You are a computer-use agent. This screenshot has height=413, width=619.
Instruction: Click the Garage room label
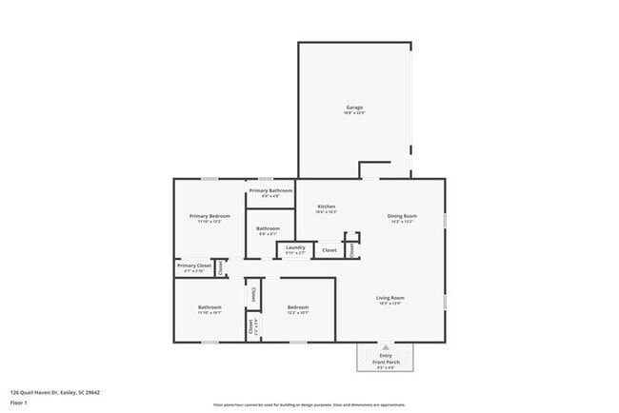pos(354,108)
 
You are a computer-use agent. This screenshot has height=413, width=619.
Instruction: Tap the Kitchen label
pos(326,206)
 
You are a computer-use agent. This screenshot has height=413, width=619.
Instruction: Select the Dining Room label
pos(402,216)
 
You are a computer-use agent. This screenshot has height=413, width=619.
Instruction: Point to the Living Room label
pos(390,298)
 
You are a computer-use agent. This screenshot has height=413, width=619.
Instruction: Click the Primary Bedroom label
pos(210,216)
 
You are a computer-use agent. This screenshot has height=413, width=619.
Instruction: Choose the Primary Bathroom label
pos(270,190)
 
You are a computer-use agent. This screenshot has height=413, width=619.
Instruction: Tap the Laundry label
pos(295,247)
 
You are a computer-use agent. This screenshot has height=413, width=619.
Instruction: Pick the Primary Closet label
pos(193,265)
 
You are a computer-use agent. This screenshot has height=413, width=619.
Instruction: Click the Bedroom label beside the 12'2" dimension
pos(297,307)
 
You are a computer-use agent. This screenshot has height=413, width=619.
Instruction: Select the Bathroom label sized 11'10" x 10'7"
pos(210,307)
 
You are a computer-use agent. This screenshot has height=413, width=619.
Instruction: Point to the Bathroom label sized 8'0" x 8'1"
pos(268,228)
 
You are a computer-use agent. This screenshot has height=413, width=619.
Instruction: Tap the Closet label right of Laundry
pos(329,250)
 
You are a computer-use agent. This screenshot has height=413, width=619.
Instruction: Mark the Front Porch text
pos(386,362)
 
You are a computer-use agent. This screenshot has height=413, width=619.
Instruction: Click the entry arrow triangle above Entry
pos(386,347)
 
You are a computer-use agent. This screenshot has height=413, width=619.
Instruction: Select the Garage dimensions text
pos(354,113)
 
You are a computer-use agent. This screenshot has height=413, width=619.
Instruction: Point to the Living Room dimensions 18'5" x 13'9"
pos(390,304)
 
